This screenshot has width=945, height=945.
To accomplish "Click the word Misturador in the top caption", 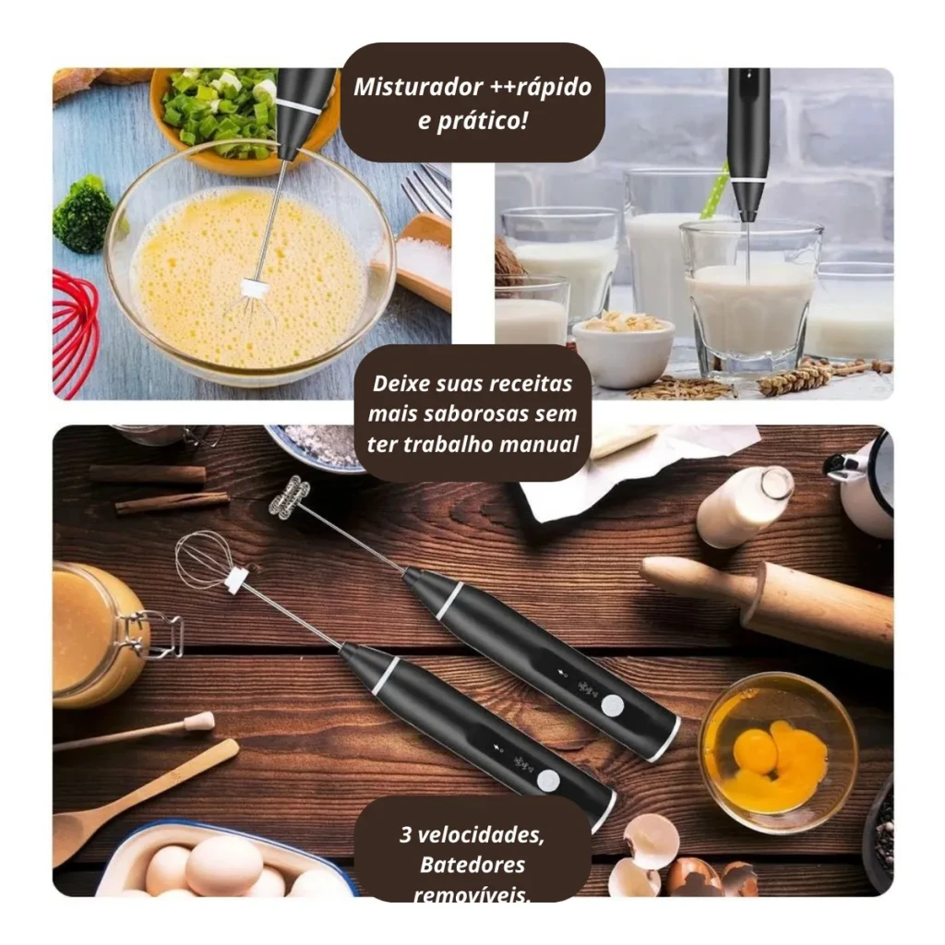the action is pos(419,88).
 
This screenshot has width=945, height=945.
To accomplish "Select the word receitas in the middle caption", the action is pos(531,384).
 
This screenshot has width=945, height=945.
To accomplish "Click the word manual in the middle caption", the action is pos(539,444).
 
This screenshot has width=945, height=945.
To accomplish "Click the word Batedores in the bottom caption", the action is pos(472,865).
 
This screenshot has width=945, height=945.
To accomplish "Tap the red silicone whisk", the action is pos(74,333).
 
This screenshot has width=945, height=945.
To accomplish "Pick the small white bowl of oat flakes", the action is pos(623,348).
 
